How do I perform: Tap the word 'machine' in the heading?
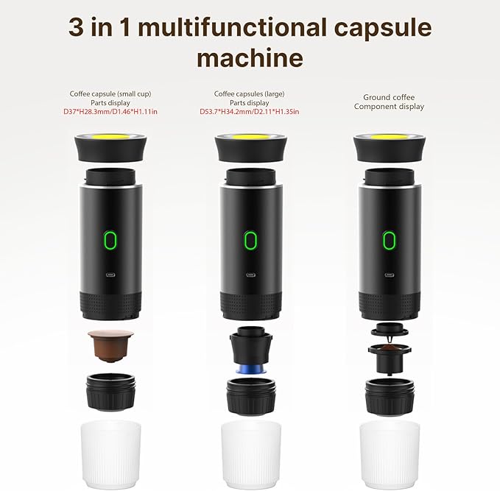(x=250, y=57)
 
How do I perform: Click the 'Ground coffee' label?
(x=388, y=97)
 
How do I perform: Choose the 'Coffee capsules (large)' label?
(x=250, y=94)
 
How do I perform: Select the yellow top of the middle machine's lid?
(x=250, y=138)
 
